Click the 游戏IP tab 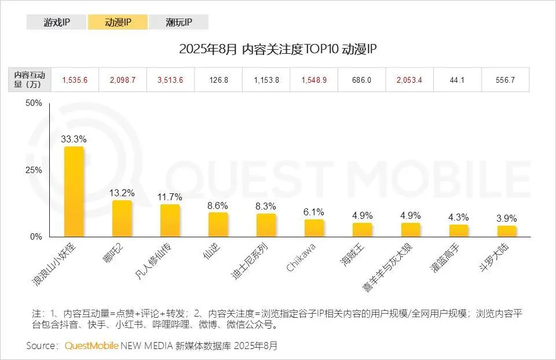pos(57,23)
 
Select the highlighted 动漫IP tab pos(118,23)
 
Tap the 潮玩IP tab pos(178,23)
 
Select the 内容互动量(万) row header pos(33,80)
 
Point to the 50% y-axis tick pos(34,103)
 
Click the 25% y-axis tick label pos(34,170)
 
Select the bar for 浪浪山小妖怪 pos(74,192)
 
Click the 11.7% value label pos(170,197)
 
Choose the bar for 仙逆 pos(218,225)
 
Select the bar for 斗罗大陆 pos(506,231)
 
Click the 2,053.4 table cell pos(409,80)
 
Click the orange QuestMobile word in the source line pos(92,346)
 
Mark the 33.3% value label pos(74,139)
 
